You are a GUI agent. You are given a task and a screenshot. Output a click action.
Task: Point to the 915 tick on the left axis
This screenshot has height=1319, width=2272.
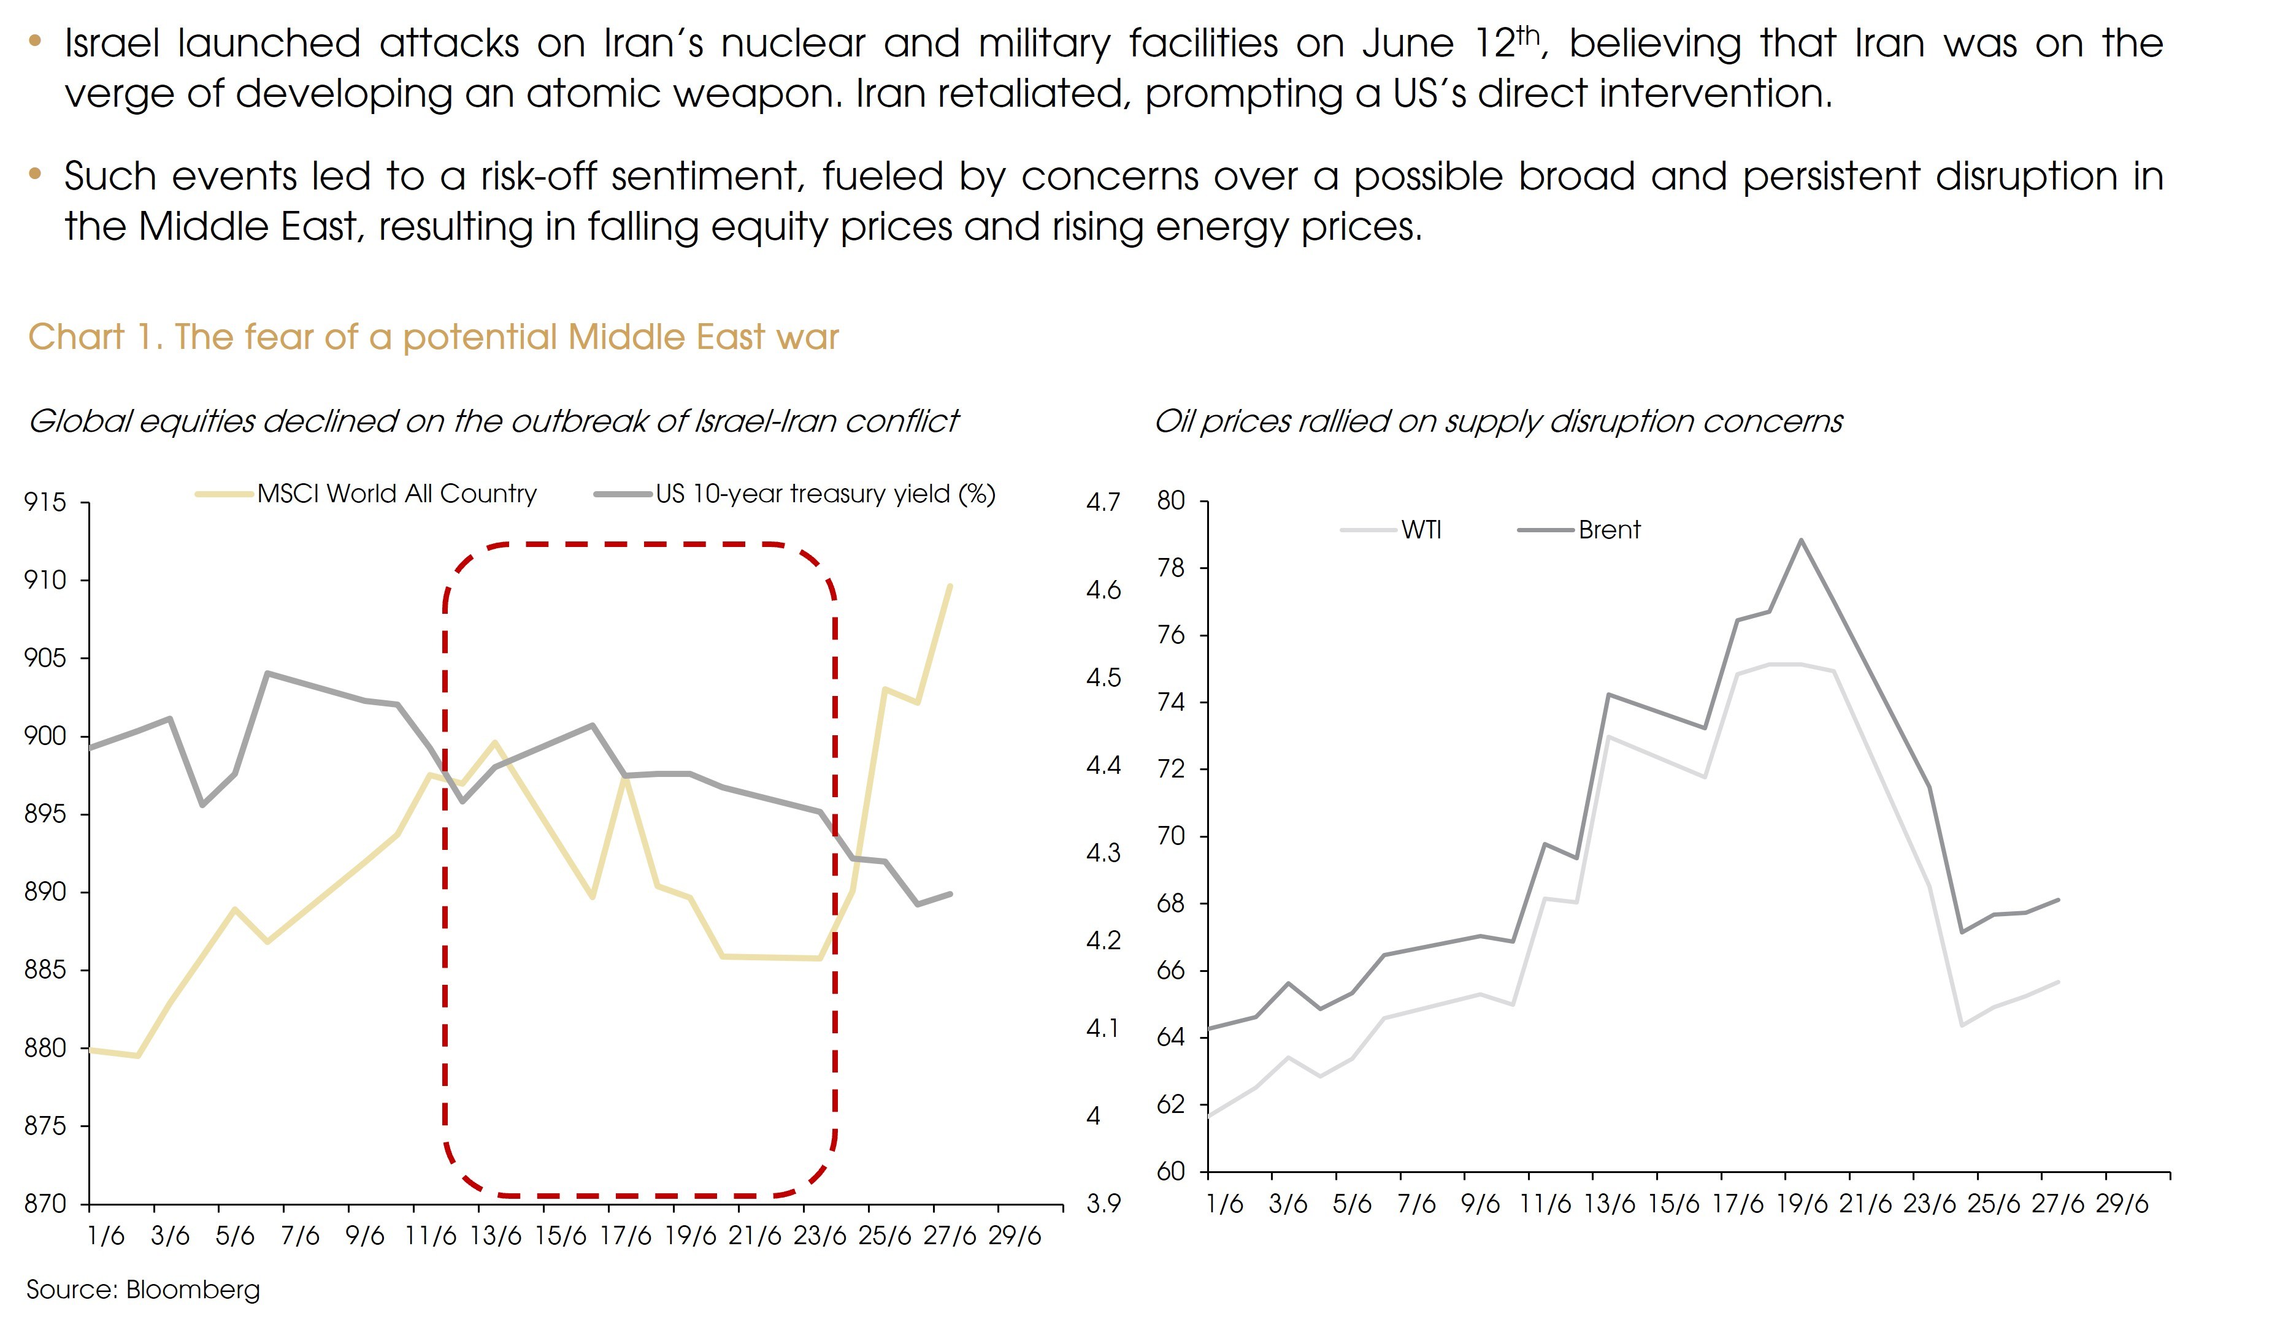pyautogui.click(x=45, y=502)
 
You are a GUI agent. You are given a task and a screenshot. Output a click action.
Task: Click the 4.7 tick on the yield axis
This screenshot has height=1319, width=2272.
pyautogui.click(x=1103, y=502)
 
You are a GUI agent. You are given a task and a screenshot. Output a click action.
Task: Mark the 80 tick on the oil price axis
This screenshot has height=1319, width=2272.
pyautogui.click(x=1170, y=501)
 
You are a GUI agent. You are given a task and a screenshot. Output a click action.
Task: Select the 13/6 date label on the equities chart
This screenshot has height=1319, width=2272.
pyautogui.click(x=495, y=1235)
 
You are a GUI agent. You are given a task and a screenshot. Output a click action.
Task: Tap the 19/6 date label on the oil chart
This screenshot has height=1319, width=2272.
pyautogui.click(x=1800, y=1204)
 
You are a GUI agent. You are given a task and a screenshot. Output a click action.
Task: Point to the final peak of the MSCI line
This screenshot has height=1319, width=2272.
pyautogui.click(x=950, y=586)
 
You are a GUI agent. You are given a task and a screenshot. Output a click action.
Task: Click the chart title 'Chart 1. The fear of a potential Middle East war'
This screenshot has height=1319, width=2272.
pyautogui.click(x=433, y=337)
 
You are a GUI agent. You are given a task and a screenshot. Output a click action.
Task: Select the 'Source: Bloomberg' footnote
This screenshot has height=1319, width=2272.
pyautogui.click(x=142, y=1289)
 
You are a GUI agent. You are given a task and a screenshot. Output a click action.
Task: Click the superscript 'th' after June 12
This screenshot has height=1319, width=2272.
pyautogui.click(x=1527, y=34)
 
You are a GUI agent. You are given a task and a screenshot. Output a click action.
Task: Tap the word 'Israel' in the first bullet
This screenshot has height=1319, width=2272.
pyautogui.click(x=112, y=44)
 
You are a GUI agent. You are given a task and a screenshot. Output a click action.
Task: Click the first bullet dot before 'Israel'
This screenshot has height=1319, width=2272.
pyautogui.click(x=35, y=40)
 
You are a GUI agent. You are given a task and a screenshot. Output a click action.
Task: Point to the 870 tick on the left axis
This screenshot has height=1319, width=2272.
pyautogui.click(x=45, y=1204)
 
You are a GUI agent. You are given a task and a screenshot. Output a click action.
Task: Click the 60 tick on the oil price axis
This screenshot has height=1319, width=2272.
pyautogui.click(x=1170, y=1171)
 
